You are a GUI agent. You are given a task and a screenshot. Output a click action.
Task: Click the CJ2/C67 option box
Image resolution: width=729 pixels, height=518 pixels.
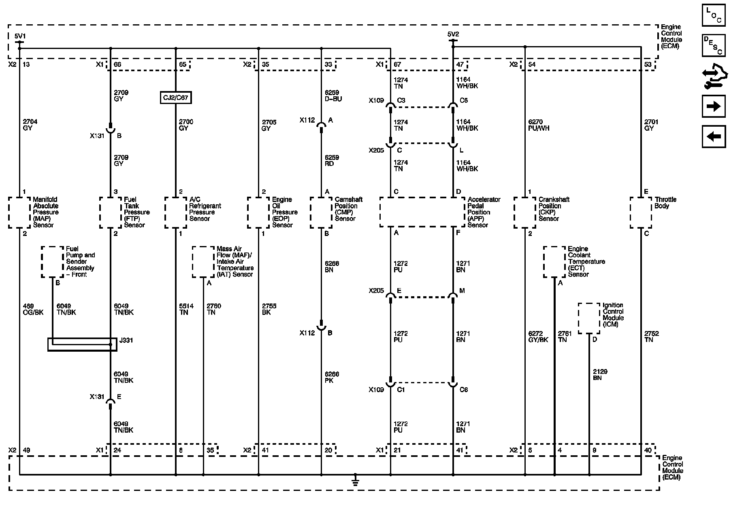(x=175, y=98)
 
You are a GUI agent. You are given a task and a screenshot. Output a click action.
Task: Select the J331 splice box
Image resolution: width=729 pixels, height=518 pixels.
(x=82, y=344)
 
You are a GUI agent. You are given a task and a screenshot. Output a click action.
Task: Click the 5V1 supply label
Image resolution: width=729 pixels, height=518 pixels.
(x=19, y=36)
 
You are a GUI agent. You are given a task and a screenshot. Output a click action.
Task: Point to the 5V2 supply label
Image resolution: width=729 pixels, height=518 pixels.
(x=453, y=34)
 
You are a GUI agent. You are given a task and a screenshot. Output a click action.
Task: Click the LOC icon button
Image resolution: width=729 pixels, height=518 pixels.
(x=713, y=15)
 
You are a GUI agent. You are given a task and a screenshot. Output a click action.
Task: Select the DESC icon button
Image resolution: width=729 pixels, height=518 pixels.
(x=713, y=45)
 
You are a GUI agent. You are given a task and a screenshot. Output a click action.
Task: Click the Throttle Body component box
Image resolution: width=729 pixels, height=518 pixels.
(x=641, y=212)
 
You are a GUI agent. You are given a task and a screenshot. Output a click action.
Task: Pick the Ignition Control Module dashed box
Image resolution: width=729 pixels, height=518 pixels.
(x=589, y=318)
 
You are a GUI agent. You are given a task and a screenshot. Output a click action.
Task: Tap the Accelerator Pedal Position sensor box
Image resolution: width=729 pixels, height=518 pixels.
(x=422, y=212)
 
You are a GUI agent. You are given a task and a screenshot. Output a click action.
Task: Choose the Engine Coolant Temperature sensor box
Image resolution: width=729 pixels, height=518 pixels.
(x=554, y=262)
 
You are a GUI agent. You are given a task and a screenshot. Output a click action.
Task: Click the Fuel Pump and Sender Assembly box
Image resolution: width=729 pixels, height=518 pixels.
(x=53, y=262)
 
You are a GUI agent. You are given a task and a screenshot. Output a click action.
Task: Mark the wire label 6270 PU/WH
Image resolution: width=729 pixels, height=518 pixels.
(x=539, y=125)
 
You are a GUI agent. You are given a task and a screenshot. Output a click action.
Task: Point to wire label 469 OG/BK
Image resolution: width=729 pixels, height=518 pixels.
(x=33, y=309)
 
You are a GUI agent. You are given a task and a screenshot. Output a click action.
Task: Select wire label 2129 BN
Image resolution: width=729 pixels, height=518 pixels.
(x=600, y=375)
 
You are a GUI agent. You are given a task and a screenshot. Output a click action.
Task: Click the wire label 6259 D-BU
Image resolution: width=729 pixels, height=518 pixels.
(x=333, y=96)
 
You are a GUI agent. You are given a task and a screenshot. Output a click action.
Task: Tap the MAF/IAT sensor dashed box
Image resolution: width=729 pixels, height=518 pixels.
(x=203, y=262)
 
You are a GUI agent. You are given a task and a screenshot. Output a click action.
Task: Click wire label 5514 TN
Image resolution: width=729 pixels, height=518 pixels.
(x=186, y=309)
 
